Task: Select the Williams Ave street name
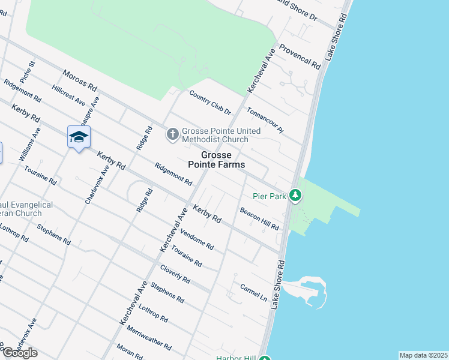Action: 29,145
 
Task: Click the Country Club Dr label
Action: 210,103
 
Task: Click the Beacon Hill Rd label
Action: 259,219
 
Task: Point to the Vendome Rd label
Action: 197,240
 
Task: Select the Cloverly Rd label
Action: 175,274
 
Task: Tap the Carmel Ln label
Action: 253,292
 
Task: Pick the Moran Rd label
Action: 130,352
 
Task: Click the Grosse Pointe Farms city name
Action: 216,160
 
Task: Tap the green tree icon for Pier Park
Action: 295,195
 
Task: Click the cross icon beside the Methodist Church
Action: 172,134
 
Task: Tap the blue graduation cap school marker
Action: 79,137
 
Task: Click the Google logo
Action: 20,353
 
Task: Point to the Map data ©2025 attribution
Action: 423,355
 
